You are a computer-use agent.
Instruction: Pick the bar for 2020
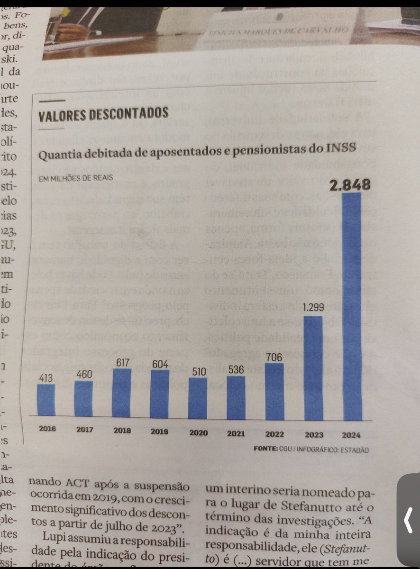(x=197, y=398)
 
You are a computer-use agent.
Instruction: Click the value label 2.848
(x=350, y=185)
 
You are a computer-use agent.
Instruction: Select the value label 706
(x=274, y=357)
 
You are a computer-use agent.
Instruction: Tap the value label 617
(x=122, y=362)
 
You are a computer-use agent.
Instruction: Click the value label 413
(x=46, y=377)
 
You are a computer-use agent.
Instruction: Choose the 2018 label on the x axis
(x=122, y=431)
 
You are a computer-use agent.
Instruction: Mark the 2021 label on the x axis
(x=236, y=432)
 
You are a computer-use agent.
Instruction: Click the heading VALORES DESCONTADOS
(x=103, y=114)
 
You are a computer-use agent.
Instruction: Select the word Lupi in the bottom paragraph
(x=54, y=537)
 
